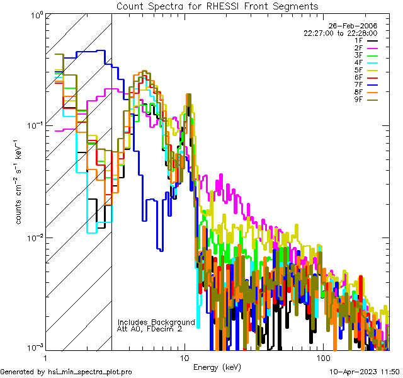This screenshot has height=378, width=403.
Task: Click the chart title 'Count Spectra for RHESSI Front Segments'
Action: [x=217, y=6]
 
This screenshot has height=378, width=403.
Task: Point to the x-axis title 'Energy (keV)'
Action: [x=217, y=367]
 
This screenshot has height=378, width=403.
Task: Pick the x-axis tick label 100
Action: [x=322, y=357]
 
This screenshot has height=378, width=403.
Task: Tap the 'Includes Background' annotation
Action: [x=156, y=322]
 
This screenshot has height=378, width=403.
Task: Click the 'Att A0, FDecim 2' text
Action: [x=150, y=329]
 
